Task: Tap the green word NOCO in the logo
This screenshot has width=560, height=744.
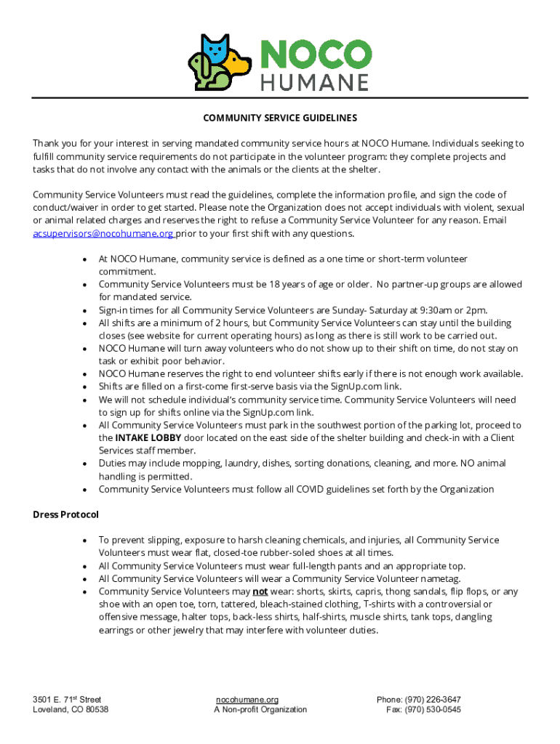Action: click(315, 54)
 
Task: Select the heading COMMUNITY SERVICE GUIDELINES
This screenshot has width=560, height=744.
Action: click(280, 118)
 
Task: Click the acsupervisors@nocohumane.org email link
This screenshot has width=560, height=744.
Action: click(103, 233)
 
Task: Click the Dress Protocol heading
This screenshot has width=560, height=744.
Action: click(65, 514)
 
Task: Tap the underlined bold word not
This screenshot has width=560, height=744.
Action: click(260, 591)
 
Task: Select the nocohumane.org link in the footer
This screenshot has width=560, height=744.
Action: click(247, 699)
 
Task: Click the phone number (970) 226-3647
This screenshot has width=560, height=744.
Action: click(434, 699)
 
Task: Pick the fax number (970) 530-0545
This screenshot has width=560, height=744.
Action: click(433, 709)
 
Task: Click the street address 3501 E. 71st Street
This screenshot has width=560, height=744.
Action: click(67, 699)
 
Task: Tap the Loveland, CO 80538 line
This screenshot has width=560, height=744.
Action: click(71, 709)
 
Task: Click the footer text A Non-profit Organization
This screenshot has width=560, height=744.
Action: click(260, 709)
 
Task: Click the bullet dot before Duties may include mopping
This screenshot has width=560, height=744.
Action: click(87, 464)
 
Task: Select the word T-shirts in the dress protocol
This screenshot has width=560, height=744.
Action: click(383, 604)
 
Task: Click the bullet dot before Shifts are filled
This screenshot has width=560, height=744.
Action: click(87, 387)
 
